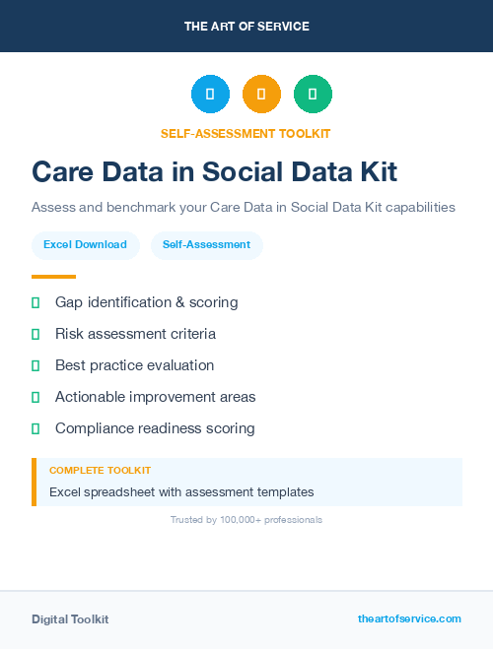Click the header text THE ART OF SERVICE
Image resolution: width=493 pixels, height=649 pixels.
(246, 27)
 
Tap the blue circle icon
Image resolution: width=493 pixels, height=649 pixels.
(210, 95)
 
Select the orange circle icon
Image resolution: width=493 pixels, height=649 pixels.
(261, 95)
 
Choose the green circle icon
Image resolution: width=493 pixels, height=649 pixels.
(313, 95)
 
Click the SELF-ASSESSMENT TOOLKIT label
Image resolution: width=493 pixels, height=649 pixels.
(246, 133)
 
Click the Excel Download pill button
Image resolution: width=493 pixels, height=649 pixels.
(85, 244)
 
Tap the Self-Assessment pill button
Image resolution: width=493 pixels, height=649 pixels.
(206, 244)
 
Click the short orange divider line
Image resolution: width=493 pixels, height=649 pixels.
(53, 277)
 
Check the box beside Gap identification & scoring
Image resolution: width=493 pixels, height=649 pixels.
(35, 302)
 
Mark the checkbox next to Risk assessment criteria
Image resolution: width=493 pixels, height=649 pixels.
(35, 334)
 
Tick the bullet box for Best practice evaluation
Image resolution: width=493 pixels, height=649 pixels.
(35, 365)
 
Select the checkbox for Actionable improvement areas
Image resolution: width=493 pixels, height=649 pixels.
(35, 397)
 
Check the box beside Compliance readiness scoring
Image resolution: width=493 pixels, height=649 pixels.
(35, 428)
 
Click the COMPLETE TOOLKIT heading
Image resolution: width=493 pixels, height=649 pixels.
(100, 471)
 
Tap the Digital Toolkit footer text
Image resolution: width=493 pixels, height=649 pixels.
(70, 619)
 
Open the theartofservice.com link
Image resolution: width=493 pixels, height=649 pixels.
(409, 618)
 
